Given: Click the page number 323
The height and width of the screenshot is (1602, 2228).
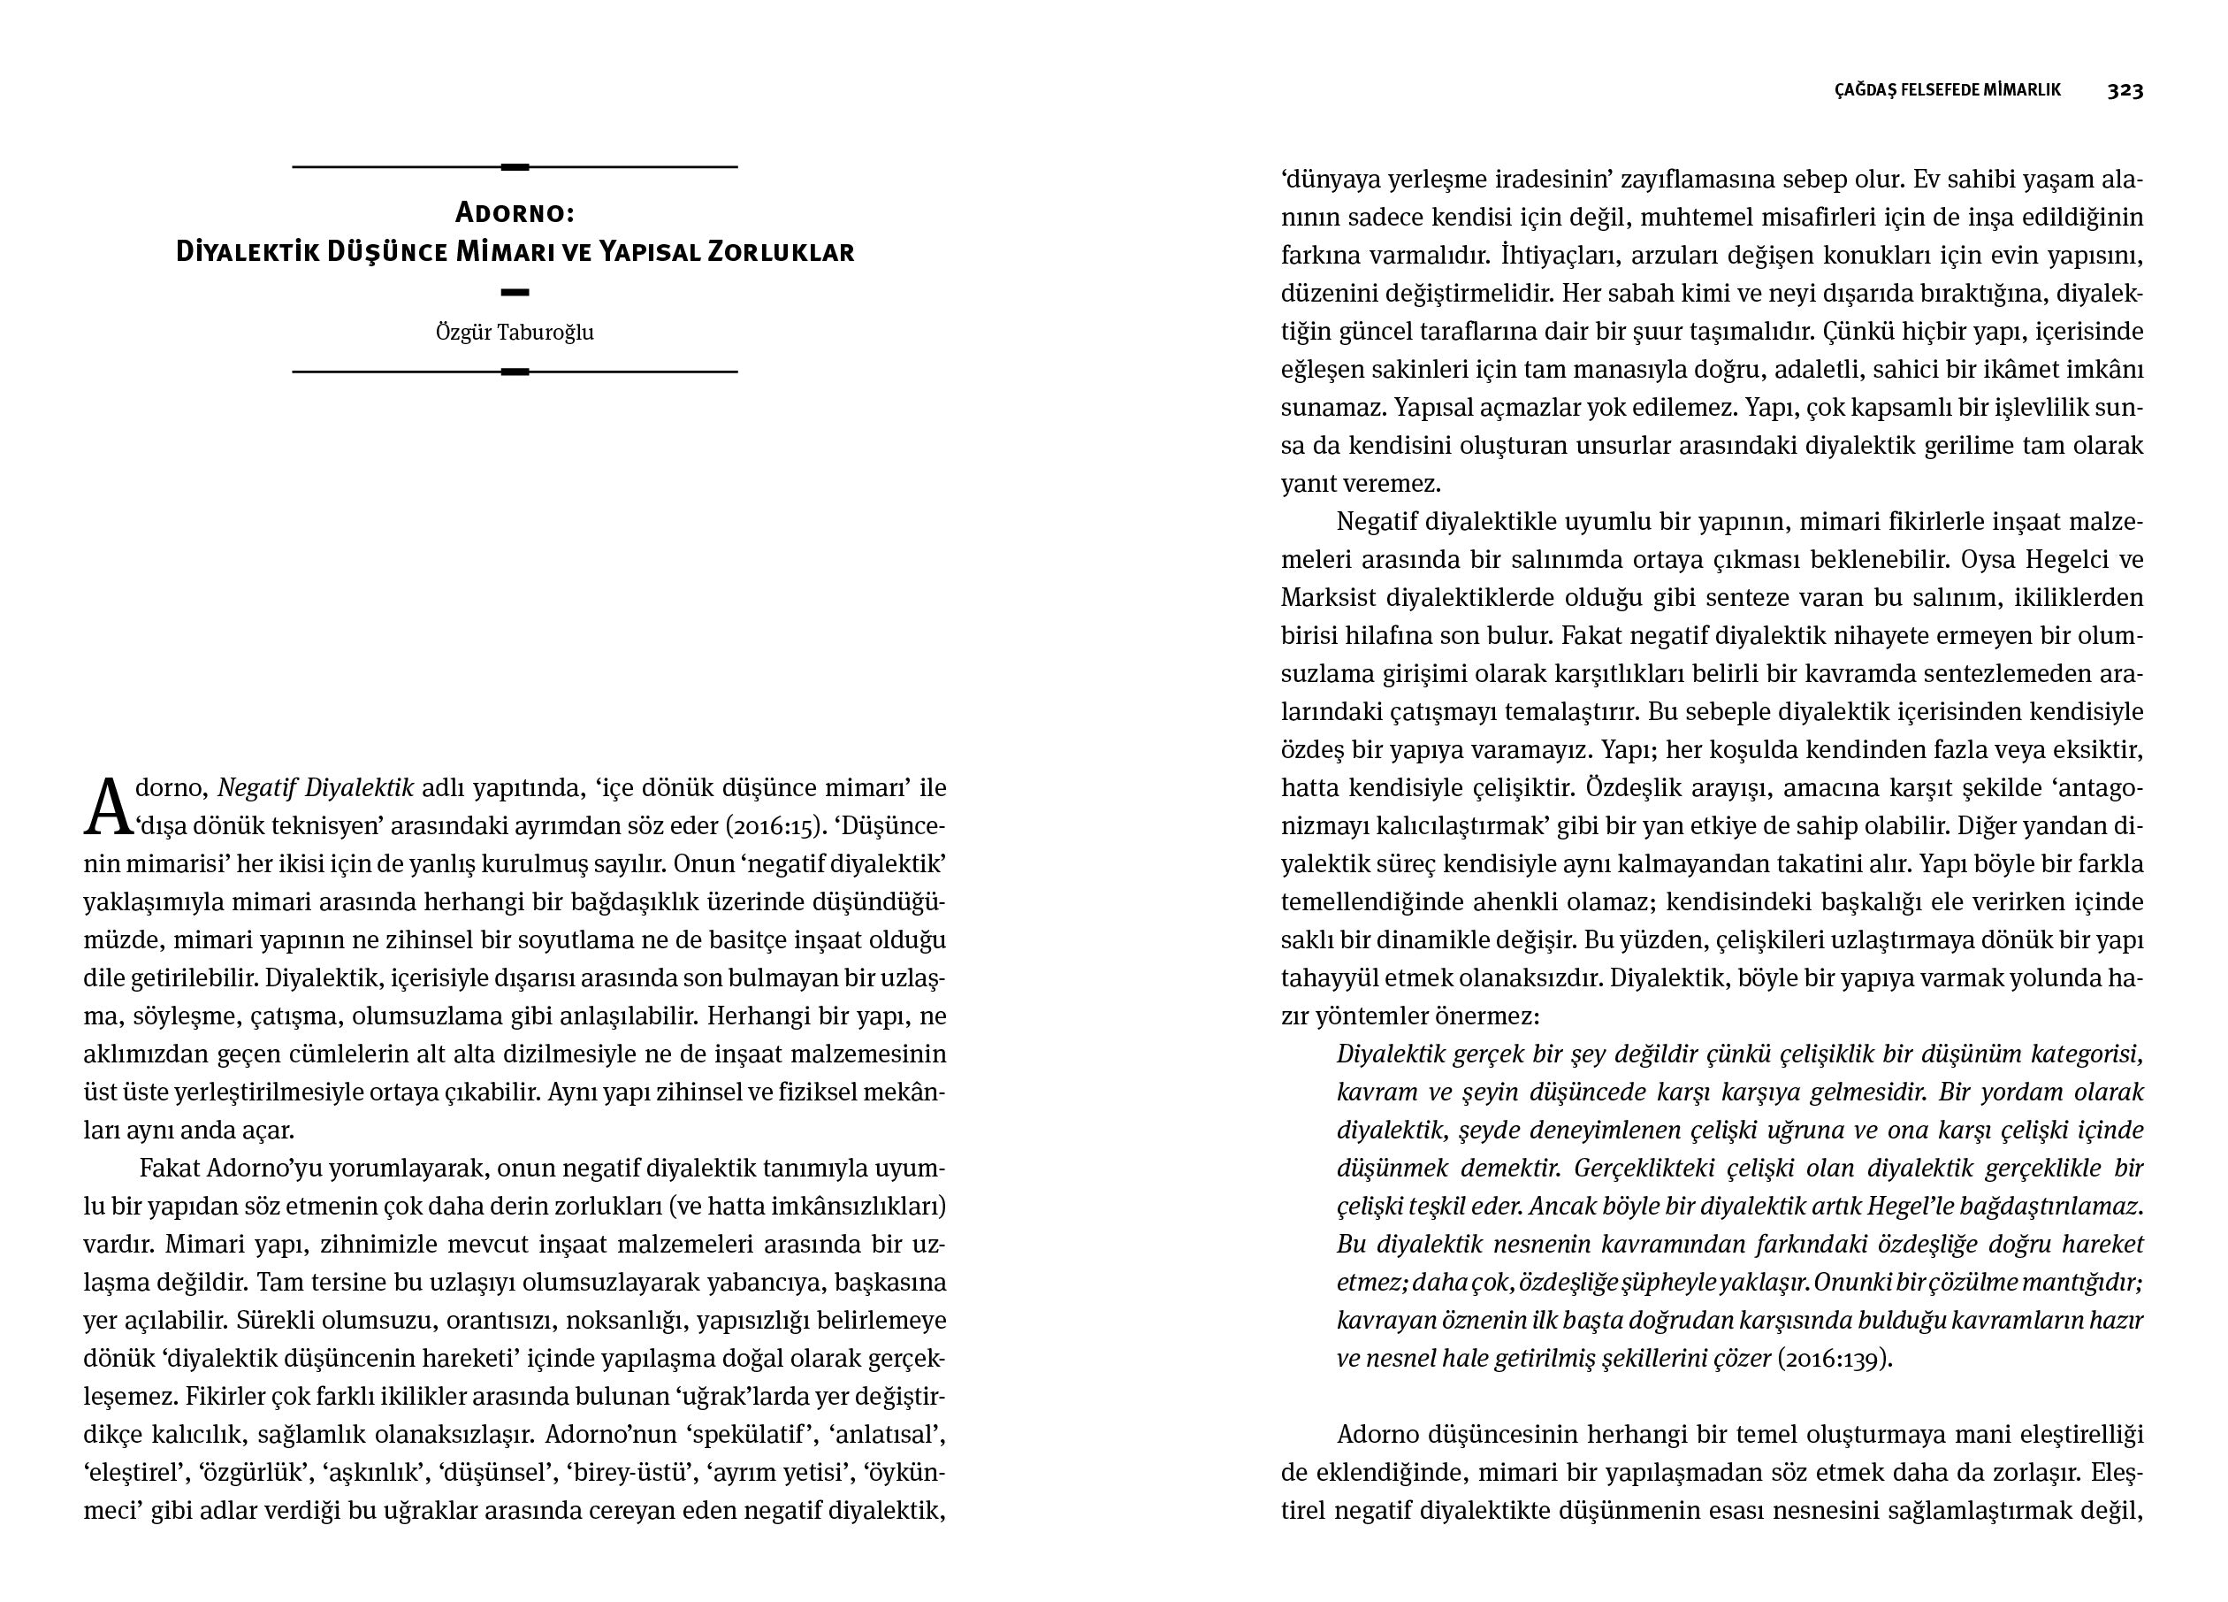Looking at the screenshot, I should point(2125,90).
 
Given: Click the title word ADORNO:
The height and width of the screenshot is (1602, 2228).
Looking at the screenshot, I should point(515,212).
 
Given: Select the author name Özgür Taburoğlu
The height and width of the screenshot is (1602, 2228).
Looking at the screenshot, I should point(515,333).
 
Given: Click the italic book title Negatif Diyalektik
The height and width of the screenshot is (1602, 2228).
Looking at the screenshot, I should point(316,788).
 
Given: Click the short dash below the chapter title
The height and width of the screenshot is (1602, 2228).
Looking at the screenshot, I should point(515,292).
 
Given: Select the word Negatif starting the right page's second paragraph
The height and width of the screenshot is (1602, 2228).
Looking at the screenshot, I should point(1377,521).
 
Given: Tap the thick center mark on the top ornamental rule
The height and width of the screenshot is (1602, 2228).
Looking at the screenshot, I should point(515,167).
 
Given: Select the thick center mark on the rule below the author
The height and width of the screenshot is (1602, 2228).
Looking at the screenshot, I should point(515,372).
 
